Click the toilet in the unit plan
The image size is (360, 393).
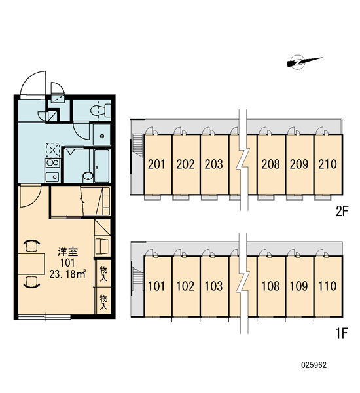tap(101, 110)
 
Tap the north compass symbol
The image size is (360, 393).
tap(303, 62)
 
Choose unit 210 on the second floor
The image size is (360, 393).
tap(329, 164)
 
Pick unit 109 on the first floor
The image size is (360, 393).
tap(300, 286)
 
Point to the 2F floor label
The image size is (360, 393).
tap(342, 212)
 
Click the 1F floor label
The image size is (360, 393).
tap(342, 333)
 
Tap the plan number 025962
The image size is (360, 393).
tap(314, 365)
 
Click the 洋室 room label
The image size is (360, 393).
tap(67, 252)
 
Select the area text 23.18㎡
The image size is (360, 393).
tap(67, 274)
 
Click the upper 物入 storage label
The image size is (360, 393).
tap(103, 273)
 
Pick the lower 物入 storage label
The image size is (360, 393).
tap(103, 302)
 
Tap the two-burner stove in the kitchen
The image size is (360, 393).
tap(52, 163)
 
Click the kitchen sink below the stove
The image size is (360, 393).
tap(52, 177)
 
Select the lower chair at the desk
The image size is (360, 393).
tap(31, 282)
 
